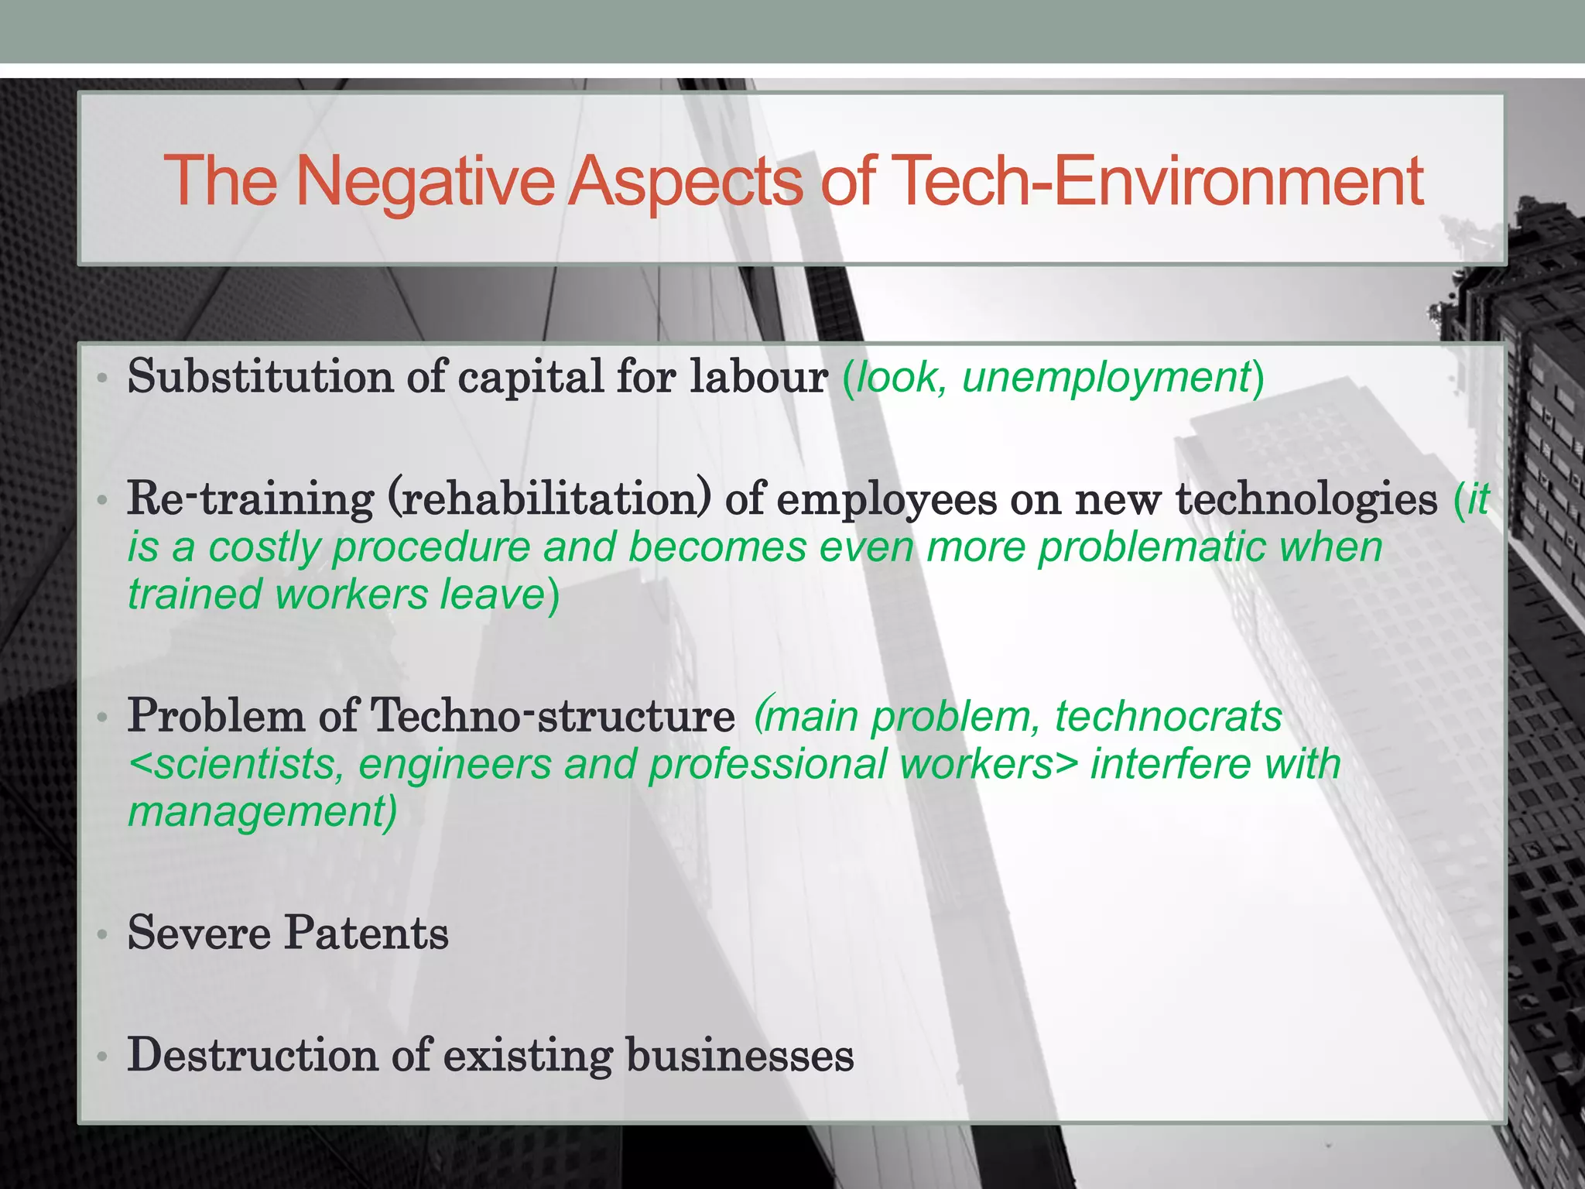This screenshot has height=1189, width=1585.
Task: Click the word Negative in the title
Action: (424, 182)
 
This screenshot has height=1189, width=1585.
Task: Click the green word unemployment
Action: (1107, 378)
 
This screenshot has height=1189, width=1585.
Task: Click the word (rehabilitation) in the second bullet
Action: (548, 499)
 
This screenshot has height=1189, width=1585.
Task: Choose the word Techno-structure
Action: (553, 716)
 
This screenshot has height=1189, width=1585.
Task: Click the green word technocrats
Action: (1168, 716)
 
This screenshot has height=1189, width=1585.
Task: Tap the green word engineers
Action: (454, 764)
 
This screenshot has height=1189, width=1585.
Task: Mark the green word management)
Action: (262, 812)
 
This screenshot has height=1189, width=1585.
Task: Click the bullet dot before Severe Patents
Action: (101, 936)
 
